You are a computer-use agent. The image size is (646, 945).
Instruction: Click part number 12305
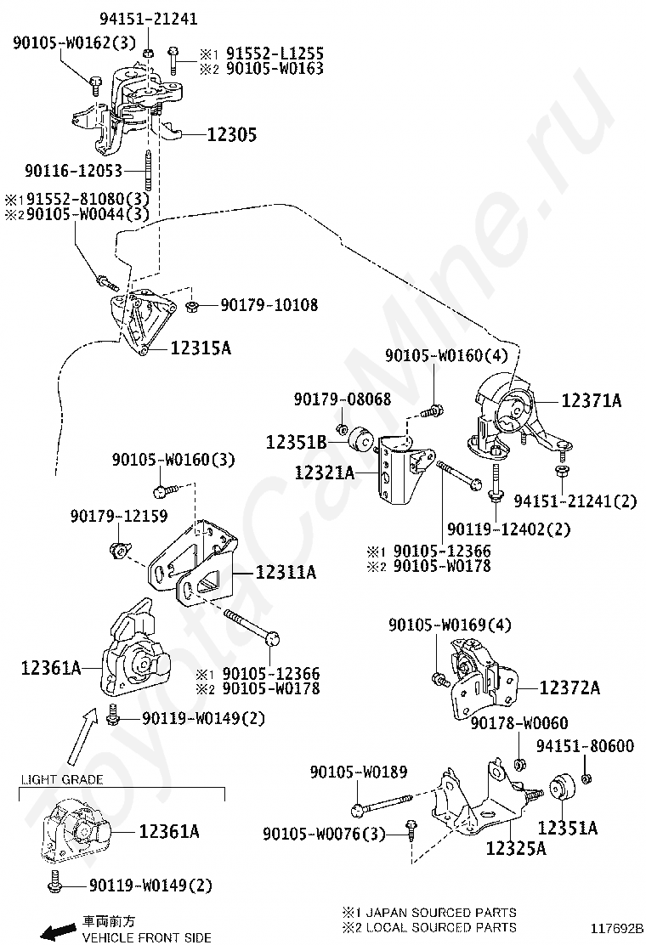click(231, 134)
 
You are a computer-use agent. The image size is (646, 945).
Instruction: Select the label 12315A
click(201, 348)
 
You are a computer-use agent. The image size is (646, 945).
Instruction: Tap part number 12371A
click(591, 400)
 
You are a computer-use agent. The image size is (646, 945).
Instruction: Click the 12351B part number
click(296, 442)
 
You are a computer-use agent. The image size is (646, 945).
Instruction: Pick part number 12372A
click(569, 688)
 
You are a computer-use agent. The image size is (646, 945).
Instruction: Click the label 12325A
click(516, 848)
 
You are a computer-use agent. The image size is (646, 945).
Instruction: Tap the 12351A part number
click(567, 827)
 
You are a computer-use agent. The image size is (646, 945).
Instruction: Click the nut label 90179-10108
click(269, 304)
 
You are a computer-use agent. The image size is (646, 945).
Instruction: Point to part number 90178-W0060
click(518, 723)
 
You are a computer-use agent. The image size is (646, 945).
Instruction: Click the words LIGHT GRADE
click(61, 779)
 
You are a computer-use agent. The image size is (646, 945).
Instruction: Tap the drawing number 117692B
click(619, 929)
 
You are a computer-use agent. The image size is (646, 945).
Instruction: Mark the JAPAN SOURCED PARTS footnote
click(428, 913)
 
